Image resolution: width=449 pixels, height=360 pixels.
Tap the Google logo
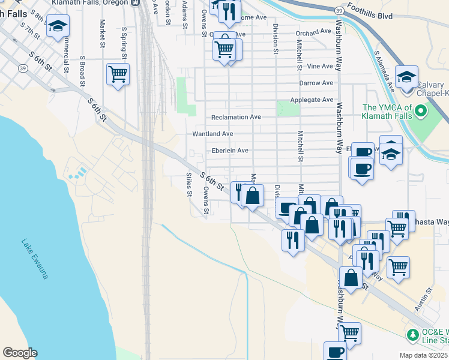[20, 353]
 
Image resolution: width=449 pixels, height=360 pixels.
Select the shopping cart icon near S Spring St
[118, 74]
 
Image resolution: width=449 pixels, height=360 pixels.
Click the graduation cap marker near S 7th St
[58, 26]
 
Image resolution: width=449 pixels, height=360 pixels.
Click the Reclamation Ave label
[236, 117]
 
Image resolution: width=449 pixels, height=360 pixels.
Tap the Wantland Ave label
[212, 134]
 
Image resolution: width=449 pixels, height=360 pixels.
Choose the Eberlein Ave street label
[230, 151]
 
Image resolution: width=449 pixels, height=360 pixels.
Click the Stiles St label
[188, 184]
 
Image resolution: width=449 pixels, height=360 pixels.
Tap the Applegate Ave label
[311, 100]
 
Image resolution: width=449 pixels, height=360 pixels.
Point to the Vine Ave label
[319, 66]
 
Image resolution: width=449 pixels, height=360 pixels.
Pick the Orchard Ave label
[313, 31]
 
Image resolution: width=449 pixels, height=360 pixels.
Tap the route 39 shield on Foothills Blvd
[340, 11]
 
